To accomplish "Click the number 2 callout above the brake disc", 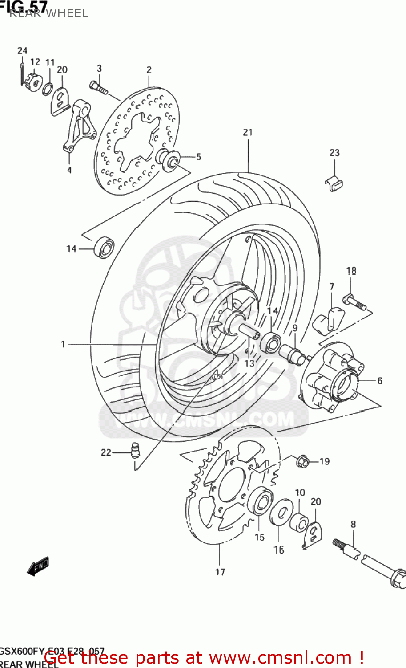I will [149, 70].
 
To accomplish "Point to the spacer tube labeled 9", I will [292, 354].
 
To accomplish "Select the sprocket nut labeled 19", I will [303, 461].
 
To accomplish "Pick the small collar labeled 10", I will [299, 521].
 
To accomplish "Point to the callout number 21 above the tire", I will [248, 132].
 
